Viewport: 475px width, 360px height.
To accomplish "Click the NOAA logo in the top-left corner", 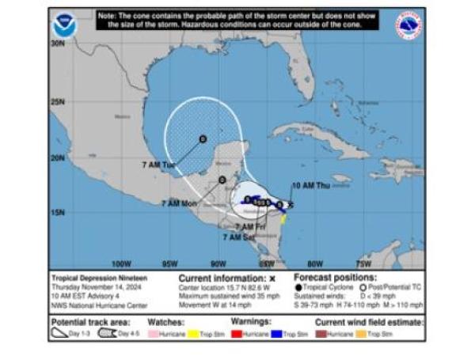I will coord(63,25).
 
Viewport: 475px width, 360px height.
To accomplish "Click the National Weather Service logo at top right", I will coord(408,25).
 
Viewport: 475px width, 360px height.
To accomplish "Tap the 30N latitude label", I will coord(58,44).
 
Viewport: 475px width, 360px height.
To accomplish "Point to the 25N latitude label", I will coord(58,101).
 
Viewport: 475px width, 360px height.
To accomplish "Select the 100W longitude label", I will coord(121,263).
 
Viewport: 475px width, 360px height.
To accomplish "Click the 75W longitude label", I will coord(364,263).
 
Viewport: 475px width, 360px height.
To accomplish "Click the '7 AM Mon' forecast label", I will coord(178,203).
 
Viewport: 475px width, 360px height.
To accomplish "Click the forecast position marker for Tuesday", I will coord(203,138).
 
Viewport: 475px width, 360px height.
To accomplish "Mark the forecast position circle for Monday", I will coord(222,180).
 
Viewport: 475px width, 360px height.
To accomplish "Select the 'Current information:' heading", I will coord(222,279).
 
